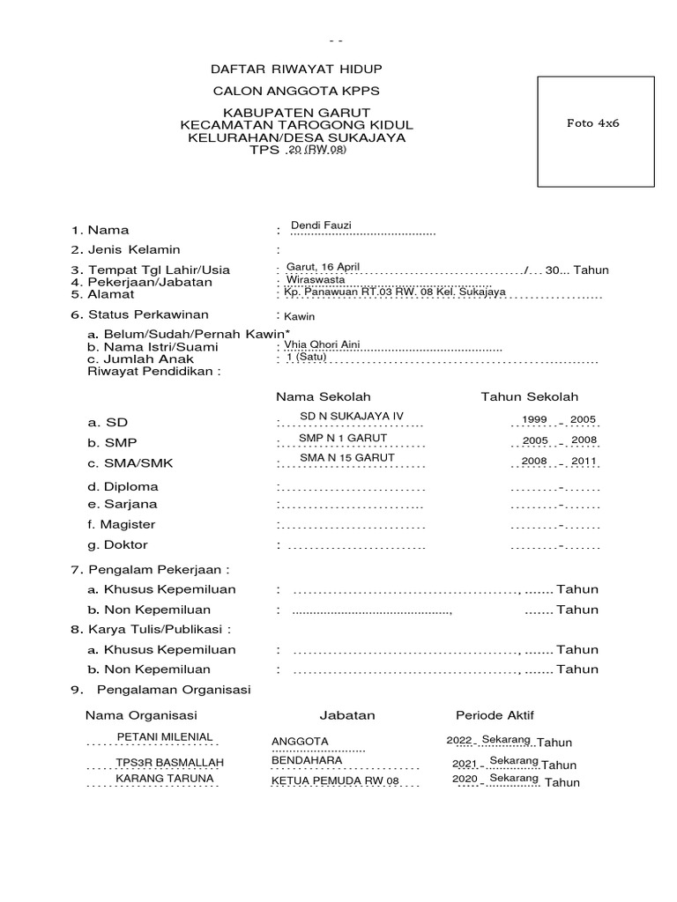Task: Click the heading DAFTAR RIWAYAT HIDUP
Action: (x=296, y=69)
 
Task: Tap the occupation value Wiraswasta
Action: (x=316, y=279)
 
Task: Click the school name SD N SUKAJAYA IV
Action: (x=352, y=416)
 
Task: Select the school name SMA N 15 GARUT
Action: (x=347, y=458)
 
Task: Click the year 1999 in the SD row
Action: (x=535, y=419)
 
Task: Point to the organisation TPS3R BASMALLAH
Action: (x=170, y=762)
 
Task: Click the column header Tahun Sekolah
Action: (x=529, y=397)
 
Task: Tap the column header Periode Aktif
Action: (x=495, y=715)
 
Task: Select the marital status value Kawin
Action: (x=299, y=316)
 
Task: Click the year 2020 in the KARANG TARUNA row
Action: (x=464, y=780)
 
